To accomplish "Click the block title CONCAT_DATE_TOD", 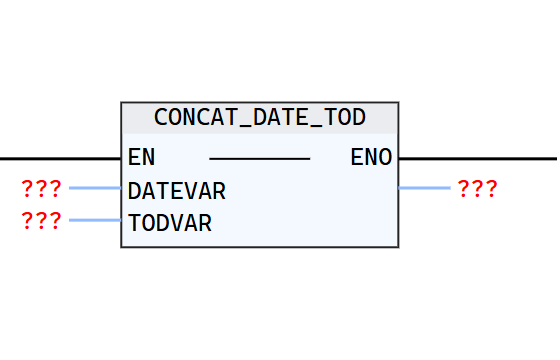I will click(x=260, y=117).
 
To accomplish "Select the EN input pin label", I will click(x=141, y=158).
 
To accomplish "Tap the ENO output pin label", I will click(x=371, y=158).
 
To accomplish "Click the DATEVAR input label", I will click(x=176, y=190).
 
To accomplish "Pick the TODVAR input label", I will click(x=170, y=222).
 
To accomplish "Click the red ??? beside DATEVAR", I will click(x=41, y=188).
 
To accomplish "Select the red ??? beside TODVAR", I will click(x=41, y=221).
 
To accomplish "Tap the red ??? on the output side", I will click(x=478, y=188).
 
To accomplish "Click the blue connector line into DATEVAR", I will click(x=95, y=188).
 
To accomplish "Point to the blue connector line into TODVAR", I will click(x=95, y=220).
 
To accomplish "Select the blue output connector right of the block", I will click(x=425, y=188).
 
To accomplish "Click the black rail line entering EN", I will click(x=60, y=158).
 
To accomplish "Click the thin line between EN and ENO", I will click(x=260, y=158).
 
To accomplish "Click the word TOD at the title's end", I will click(x=346, y=117).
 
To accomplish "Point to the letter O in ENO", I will click(x=385, y=158).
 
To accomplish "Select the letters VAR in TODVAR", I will click(x=191, y=222).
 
